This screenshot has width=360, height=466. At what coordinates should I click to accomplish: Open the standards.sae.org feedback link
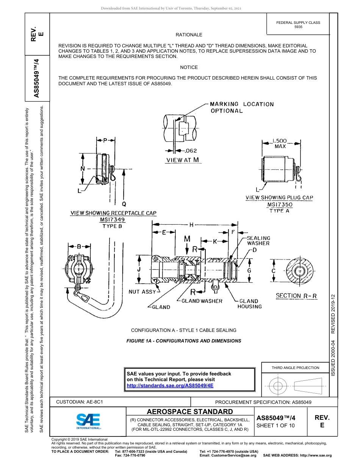(x=170, y=385)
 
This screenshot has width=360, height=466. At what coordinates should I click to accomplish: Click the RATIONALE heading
(x=189, y=35)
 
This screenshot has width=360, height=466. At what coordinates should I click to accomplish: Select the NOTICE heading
(x=189, y=67)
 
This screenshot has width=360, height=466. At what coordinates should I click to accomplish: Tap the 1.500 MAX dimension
(x=280, y=144)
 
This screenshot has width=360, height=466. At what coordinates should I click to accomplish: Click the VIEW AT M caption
(x=183, y=160)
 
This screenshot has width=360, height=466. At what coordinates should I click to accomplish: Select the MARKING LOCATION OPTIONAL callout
(x=241, y=107)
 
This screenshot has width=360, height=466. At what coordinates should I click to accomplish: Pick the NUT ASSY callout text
(x=142, y=292)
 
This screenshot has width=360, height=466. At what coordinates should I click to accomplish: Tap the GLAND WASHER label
(x=202, y=301)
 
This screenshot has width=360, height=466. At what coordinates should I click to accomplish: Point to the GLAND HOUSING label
(x=249, y=304)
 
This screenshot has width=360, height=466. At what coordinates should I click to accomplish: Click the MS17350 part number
(x=280, y=205)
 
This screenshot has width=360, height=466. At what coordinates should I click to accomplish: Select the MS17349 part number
(x=112, y=220)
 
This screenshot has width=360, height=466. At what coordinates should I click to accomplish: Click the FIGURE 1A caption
(x=183, y=341)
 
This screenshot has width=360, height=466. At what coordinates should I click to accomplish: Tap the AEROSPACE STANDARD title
(x=189, y=412)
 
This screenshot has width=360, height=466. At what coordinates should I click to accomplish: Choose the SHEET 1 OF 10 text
(x=275, y=425)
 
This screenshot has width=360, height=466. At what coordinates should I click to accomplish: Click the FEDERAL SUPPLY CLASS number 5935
(x=298, y=27)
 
